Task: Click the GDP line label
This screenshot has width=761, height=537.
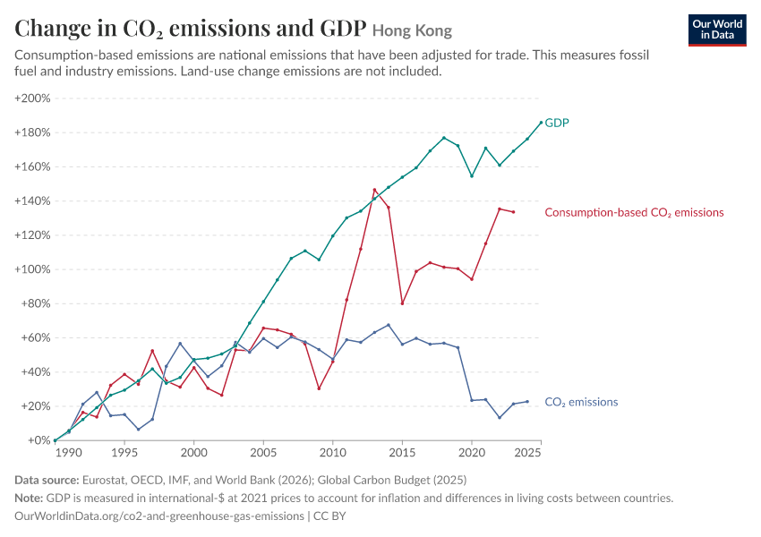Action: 557,123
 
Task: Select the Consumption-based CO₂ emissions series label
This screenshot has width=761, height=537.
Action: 634,212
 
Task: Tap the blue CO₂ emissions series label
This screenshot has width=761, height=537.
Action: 581,402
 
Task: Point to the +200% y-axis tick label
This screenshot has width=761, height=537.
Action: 32,98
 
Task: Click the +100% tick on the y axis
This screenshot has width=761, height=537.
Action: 32,269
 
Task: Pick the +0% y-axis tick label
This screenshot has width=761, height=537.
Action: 38,440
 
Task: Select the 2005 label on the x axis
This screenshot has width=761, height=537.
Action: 263,453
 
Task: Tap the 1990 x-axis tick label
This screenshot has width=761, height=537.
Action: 68,453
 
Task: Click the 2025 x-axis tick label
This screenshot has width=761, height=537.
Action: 527,453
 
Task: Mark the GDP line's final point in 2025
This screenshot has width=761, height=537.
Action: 541,123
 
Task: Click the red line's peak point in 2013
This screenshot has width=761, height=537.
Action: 374,190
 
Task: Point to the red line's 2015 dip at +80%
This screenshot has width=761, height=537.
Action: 402,303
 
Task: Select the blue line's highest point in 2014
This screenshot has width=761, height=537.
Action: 389,325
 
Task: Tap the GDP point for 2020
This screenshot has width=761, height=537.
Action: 472,176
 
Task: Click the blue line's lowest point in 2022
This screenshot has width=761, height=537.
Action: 500,418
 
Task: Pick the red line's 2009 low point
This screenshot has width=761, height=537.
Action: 319,388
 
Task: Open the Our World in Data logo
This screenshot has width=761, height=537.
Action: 717,30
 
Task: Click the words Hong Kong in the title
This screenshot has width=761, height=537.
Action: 412,30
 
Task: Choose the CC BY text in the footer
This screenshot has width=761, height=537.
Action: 329,516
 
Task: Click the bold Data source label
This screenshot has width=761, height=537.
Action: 47,481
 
